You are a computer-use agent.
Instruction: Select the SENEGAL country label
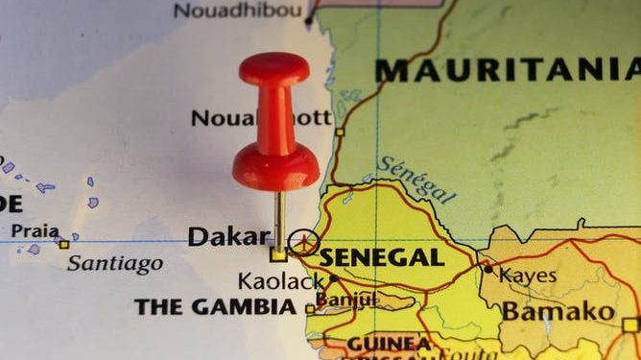coord(382,257)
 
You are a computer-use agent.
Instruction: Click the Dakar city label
coord(228,236)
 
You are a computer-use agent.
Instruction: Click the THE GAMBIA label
coord(215,307)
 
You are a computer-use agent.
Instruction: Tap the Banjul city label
coord(348,300)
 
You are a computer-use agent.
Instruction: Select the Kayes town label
coord(528,276)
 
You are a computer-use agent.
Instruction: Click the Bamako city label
coord(558,311)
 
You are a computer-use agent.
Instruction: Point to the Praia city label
coord(34,231)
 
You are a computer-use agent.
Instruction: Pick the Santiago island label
coord(114,263)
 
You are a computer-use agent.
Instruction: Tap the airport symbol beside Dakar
coord(304,242)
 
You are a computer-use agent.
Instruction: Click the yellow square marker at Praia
coord(64,245)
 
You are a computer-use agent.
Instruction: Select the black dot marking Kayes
coord(487,270)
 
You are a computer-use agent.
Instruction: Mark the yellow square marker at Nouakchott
coord(339,132)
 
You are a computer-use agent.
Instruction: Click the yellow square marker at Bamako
coord(629,325)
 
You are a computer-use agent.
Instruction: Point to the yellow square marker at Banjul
coord(310,309)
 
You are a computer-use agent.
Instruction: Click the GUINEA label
coord(389,343)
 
